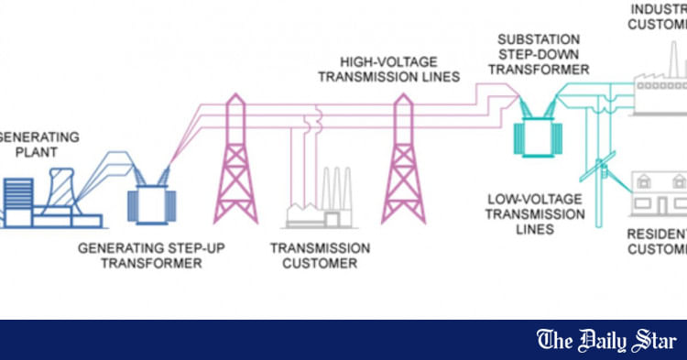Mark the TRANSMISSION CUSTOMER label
(x=321, y=256)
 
